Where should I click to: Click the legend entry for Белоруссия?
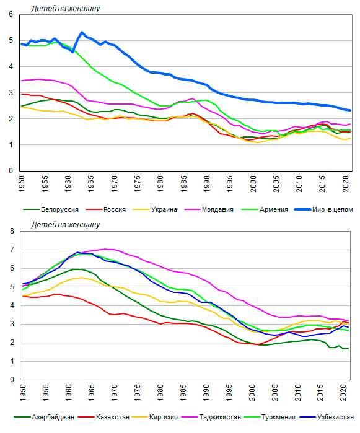[51, 209]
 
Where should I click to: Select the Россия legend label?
[106, 209]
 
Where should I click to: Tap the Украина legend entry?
[155, 209]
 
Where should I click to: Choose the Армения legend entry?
[265, 209]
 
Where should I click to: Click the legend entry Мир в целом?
[324, 209]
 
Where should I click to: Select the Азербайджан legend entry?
[44, 417]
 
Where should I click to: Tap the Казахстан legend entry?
[104, 417]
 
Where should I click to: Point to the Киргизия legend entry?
[155, 417]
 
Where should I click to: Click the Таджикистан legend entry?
[211, 417]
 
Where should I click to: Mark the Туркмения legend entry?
[270, 417]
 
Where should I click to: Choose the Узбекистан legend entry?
[327, 417]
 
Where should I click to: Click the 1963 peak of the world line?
[82, 33]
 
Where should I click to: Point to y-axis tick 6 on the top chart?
[11, 14]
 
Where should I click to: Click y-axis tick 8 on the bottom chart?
[12, 231]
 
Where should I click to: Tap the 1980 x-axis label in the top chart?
[160, 184]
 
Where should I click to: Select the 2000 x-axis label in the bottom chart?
[252, 392]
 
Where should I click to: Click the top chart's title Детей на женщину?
[66, 9]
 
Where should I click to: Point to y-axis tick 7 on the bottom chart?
[12, 250]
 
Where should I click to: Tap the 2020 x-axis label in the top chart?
[346, 184]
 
